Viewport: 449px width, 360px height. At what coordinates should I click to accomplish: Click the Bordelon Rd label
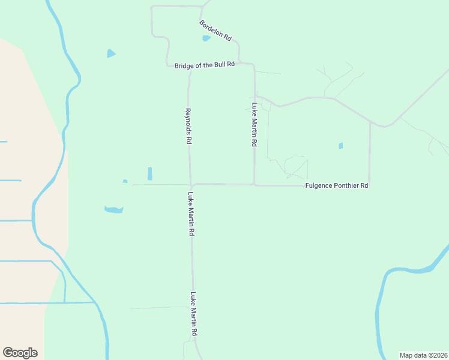click(x=215, y=29)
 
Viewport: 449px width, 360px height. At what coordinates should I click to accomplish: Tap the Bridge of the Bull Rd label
click(x=204, y=65)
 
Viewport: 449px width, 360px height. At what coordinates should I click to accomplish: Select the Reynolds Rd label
click(x=188, y=126)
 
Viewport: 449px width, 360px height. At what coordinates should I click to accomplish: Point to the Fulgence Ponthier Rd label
click(x=336, y=186)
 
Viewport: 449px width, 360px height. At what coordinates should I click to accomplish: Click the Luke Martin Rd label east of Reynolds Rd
click(x=255, y=126)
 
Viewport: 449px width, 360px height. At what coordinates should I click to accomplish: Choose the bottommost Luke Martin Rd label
click(x=194, y=314)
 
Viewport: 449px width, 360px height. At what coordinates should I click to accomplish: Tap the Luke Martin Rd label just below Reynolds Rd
click(x=191, y=213)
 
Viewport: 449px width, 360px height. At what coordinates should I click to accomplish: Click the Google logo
click(x=20, y=353)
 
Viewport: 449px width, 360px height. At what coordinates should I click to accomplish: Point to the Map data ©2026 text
click(x=423, y=355)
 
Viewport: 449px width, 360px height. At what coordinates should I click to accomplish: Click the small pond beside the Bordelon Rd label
click(x=206, y=38)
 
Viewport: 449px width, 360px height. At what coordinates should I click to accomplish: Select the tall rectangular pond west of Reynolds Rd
click(x=149, y=173)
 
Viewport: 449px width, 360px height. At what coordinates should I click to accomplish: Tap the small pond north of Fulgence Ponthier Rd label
click(x=341, y=145)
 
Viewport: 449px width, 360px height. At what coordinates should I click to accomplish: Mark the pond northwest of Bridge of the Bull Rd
click(x=110, y=53)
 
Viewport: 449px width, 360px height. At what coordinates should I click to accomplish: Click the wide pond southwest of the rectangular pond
click(x=113, y=209)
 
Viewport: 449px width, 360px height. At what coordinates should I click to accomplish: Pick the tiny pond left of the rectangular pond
click(x=125, y=181)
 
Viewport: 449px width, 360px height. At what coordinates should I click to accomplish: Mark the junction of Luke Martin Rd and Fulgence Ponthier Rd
click(x=255, y=185)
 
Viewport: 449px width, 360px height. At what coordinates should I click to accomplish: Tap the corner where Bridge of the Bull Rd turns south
click(x=253, y=65)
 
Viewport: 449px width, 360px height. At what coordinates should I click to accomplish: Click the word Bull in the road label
click(x=215, y=65)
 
